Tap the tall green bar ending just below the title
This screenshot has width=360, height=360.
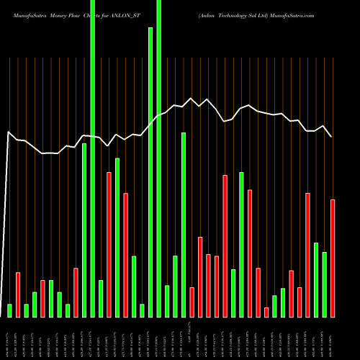click(x=150, y=173)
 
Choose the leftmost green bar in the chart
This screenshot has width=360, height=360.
click(x=10, y=310)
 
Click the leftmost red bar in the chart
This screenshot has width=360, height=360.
click(x=18, y=294)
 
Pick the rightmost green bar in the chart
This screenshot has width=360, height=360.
click(x=324, y=284)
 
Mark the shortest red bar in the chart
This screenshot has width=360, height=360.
click(x=266, y=312)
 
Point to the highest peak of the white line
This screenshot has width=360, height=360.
click(x=191, y=99)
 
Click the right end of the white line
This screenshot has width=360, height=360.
click(x=331, y=136)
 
